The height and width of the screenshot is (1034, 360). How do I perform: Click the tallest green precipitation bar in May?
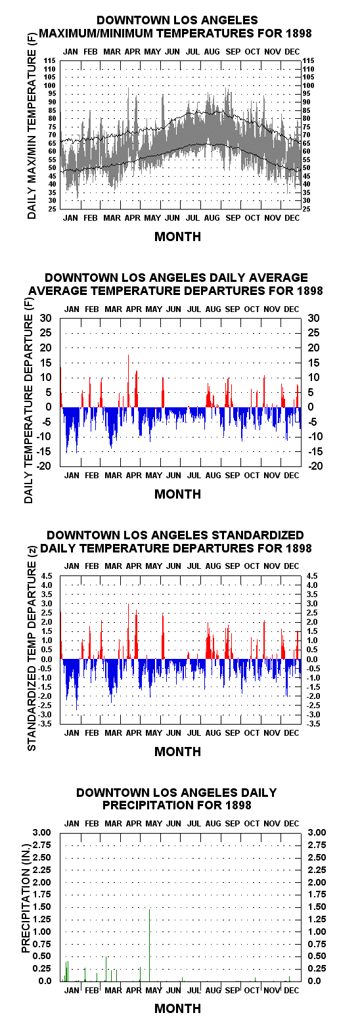click(150, 945)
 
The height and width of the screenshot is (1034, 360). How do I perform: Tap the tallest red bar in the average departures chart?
click(128, 381)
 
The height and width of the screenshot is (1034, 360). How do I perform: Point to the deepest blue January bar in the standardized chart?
click(77, 684)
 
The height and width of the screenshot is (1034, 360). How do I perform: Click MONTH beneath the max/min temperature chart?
click(177, 236)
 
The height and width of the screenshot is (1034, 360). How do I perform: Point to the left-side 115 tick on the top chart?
click(50, 60)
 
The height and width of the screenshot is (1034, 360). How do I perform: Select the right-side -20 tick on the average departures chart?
click(315, 466)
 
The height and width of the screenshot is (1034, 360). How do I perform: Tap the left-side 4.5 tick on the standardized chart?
click(47, 575)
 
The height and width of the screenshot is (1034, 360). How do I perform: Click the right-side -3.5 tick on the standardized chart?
click(313, 724)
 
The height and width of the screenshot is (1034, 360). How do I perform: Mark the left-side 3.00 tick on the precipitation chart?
click(42, 832)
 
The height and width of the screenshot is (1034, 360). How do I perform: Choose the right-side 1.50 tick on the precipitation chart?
click(317, 907)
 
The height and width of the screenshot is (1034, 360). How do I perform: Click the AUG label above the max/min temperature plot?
click(212, 52)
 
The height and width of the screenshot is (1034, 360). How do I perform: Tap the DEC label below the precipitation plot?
click(291, 990)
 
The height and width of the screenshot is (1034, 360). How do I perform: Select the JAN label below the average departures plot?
click(72, 475)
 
